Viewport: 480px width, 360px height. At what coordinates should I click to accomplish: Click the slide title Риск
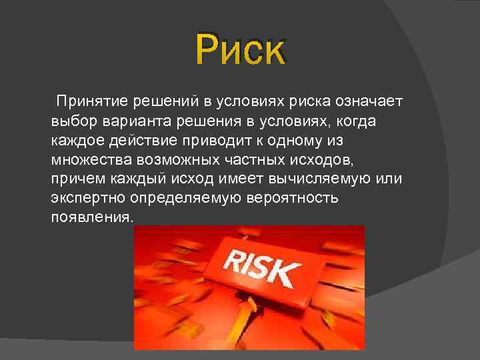[240, 50]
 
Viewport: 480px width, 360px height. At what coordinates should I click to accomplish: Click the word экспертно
[88, 199]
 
